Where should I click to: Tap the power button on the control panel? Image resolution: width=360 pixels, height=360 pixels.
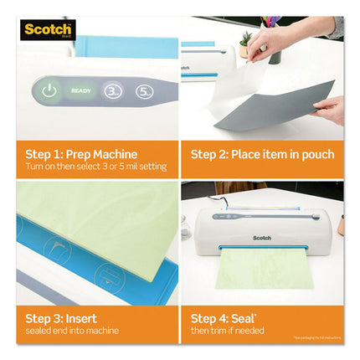(x=49, y=90)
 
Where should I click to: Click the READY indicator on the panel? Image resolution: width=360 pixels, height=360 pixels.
(x=80, y=90)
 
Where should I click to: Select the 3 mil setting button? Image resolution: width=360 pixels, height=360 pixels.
(x=113, y=90)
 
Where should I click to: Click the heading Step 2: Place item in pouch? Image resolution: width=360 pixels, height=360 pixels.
(x=262, y=154)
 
